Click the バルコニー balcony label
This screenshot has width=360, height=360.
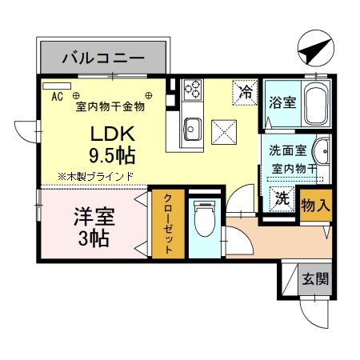point(103,58)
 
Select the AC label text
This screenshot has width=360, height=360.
point(57,97)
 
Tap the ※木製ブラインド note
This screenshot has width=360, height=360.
point(94,176)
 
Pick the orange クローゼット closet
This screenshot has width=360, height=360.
point(169,224)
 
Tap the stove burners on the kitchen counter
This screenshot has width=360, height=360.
point(192,90)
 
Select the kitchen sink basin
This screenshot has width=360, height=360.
point(192,126)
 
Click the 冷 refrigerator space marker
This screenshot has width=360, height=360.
point(246,92)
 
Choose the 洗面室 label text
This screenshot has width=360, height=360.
point(286,149)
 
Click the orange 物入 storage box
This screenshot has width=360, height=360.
point(314,205)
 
